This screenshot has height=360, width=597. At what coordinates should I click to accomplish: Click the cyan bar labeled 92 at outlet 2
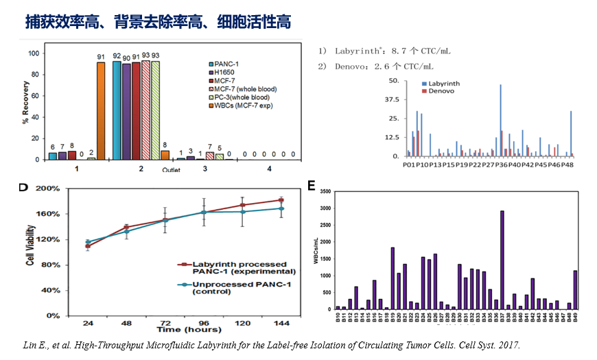[x=117, y=110]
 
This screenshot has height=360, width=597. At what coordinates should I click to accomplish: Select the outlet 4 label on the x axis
[x=269, y=168]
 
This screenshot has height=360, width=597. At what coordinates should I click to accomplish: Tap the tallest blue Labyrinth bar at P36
[x=500, y=121]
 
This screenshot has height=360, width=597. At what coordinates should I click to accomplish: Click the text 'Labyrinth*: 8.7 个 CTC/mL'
[x=392, y=51]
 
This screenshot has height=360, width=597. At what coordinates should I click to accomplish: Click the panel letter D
[x=23, y=187]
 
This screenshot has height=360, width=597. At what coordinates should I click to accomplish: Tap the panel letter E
[x=312, y=186]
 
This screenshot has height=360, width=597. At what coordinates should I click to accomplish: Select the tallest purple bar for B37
[x=502, y=260]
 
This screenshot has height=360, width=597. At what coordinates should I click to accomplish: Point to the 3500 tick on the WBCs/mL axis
[x=326, y=192]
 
